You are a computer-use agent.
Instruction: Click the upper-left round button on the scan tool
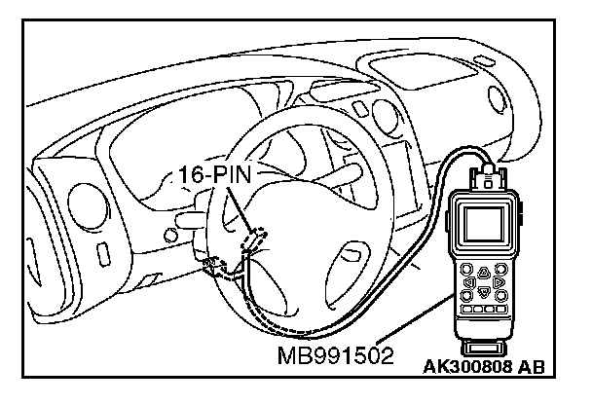(x=467, y=271)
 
